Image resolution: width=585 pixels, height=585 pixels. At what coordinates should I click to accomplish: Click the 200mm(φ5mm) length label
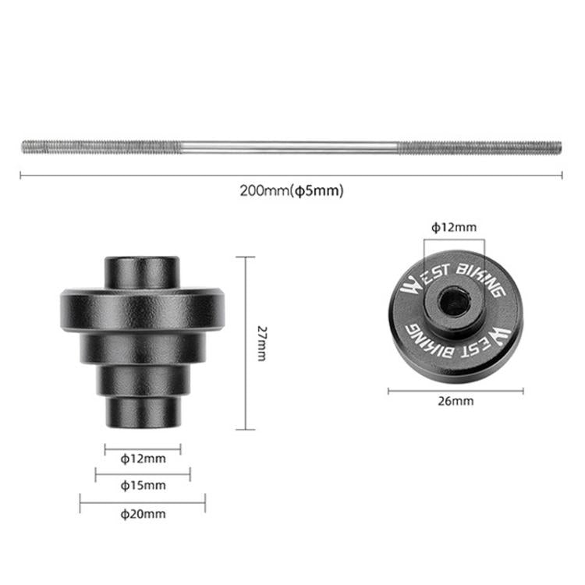tap(292, 190)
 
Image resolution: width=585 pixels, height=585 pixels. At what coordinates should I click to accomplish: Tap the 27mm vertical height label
tap(262, 343)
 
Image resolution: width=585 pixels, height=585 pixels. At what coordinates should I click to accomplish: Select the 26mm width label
tap(456, 401)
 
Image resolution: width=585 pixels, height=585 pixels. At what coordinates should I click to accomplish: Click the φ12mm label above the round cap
tap(454, 227)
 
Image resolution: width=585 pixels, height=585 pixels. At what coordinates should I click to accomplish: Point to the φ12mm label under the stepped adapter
tap(143, 458)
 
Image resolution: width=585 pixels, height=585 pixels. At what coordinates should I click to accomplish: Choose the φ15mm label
tap(143, 485)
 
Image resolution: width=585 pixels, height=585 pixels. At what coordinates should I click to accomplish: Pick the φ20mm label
tap(143, 514)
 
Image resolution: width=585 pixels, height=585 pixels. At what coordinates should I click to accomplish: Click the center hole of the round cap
tap(454, 301)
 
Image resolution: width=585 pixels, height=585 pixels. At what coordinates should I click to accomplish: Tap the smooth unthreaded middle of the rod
tap(289, 147)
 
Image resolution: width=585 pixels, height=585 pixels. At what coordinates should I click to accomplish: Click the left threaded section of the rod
tap(101, 147)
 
